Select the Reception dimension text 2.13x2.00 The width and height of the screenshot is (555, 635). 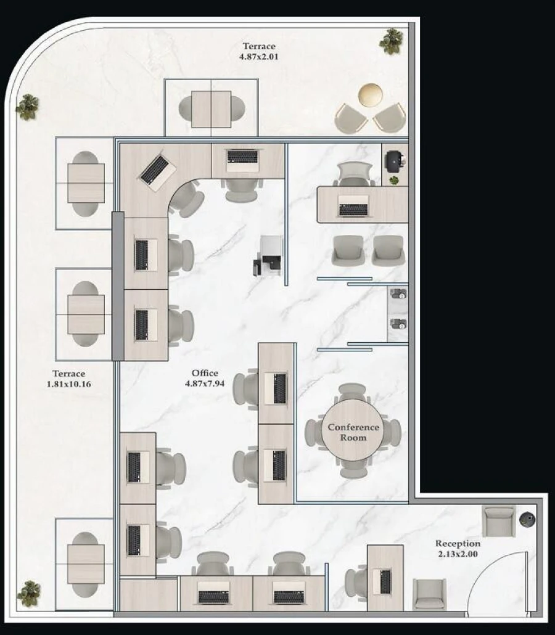point(458,554)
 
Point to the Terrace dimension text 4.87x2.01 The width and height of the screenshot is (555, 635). point(258,56)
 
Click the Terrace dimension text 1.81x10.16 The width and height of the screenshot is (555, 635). point(69,383)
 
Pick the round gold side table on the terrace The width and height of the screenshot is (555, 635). point(370,95)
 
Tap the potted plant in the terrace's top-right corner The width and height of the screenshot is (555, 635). point(391,41)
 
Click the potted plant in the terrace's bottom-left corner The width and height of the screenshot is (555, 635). point(28,593)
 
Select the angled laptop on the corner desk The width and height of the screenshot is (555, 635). point(155,171)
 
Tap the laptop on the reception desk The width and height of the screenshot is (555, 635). point(385,581)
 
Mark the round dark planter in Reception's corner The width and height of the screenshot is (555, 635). point(527,519)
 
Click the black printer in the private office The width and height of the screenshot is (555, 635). point(393,160)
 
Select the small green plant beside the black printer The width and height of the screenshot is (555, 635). point(393,180)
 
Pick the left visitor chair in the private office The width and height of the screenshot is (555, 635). point(347,250)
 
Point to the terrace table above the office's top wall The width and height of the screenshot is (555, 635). point(211,109)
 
